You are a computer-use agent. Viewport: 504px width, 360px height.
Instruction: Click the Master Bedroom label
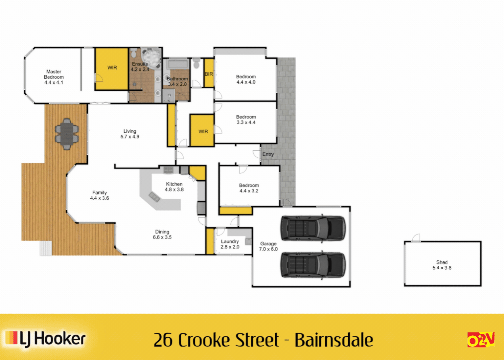click(x=54, y=77)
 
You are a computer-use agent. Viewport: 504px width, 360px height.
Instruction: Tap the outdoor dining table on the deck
click(x=67, y=134)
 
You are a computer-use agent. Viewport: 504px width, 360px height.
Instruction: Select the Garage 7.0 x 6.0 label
click(x=268, y=246)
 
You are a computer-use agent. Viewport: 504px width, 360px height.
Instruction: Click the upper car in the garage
click(x=313, y=228)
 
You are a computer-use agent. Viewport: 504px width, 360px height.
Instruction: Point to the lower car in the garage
click(x=313, y=265)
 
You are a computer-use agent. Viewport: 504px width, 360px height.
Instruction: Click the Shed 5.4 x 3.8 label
click(x=442, y=265)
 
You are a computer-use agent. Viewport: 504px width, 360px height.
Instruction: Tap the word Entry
click(x=268, y=154)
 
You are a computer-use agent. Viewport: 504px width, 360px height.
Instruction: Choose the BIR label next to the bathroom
click(x=209, y=74)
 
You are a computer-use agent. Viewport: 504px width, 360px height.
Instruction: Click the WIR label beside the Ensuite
click(x=112, y=68)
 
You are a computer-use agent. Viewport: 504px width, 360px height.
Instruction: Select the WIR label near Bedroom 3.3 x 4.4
click(x=203, y=131)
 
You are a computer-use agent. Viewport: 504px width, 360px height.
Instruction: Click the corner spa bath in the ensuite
click(x=150, y=57)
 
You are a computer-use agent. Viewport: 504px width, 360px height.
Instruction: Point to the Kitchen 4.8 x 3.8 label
click(x=174, y=187)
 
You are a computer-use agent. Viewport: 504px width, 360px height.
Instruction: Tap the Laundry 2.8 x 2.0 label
click(x=230, y=244)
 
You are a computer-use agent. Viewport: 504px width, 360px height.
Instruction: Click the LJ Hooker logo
click(x=46, y=339)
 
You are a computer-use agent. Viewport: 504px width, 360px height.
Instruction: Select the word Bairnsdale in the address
click(x=334, y=340)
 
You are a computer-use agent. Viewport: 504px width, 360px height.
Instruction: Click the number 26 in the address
click(x=163, y=340)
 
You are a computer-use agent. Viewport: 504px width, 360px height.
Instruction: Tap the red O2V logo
click(x=481, y=340)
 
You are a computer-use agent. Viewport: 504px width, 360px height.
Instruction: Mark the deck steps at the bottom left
click(x=46, y=248)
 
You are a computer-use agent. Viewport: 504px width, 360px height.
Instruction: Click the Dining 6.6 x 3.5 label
click(x=162, y=234)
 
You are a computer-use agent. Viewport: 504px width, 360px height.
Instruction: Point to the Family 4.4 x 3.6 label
click(x=99, y=195)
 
